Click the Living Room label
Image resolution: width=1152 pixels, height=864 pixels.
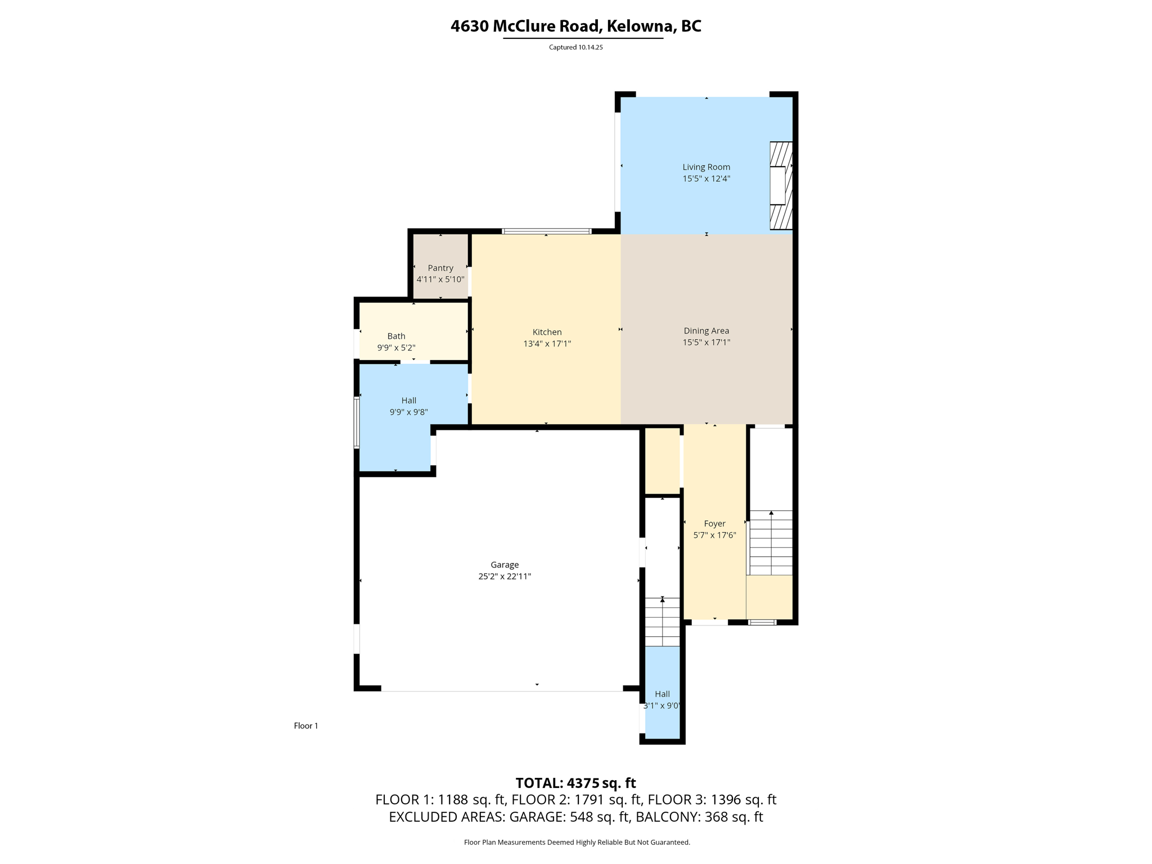(x=706, y=167)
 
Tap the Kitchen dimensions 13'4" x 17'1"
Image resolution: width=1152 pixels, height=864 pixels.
(x=547, y=344)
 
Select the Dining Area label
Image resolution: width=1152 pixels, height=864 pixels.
(x=706, y=331)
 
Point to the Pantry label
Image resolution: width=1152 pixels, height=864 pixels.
(x=440, y=268)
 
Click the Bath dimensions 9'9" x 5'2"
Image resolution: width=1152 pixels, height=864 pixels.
(x=396, y=348)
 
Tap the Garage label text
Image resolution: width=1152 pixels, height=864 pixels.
(x=504, y=565)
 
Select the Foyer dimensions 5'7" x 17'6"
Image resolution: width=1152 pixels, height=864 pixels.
(x=714, y=535)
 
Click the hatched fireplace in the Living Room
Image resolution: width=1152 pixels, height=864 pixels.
(x=781, y=186)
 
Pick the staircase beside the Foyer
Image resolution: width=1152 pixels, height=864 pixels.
(x=771, y=543)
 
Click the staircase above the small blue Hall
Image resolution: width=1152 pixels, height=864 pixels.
(x=662, y=622)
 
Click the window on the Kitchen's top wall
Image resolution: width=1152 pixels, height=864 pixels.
(x=546, y=231)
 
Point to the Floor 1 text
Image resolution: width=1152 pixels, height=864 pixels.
(x=305, y=726)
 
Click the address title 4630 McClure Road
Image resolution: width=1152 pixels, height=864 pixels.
(x=575, y=26)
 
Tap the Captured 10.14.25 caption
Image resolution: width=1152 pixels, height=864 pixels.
(x=575, y=47)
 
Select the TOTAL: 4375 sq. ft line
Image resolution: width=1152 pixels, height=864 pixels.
(x=575, y=783)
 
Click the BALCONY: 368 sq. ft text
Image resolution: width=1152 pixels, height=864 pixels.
(x=699, y=817)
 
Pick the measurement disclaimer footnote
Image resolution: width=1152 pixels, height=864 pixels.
(x=577, y=842)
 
